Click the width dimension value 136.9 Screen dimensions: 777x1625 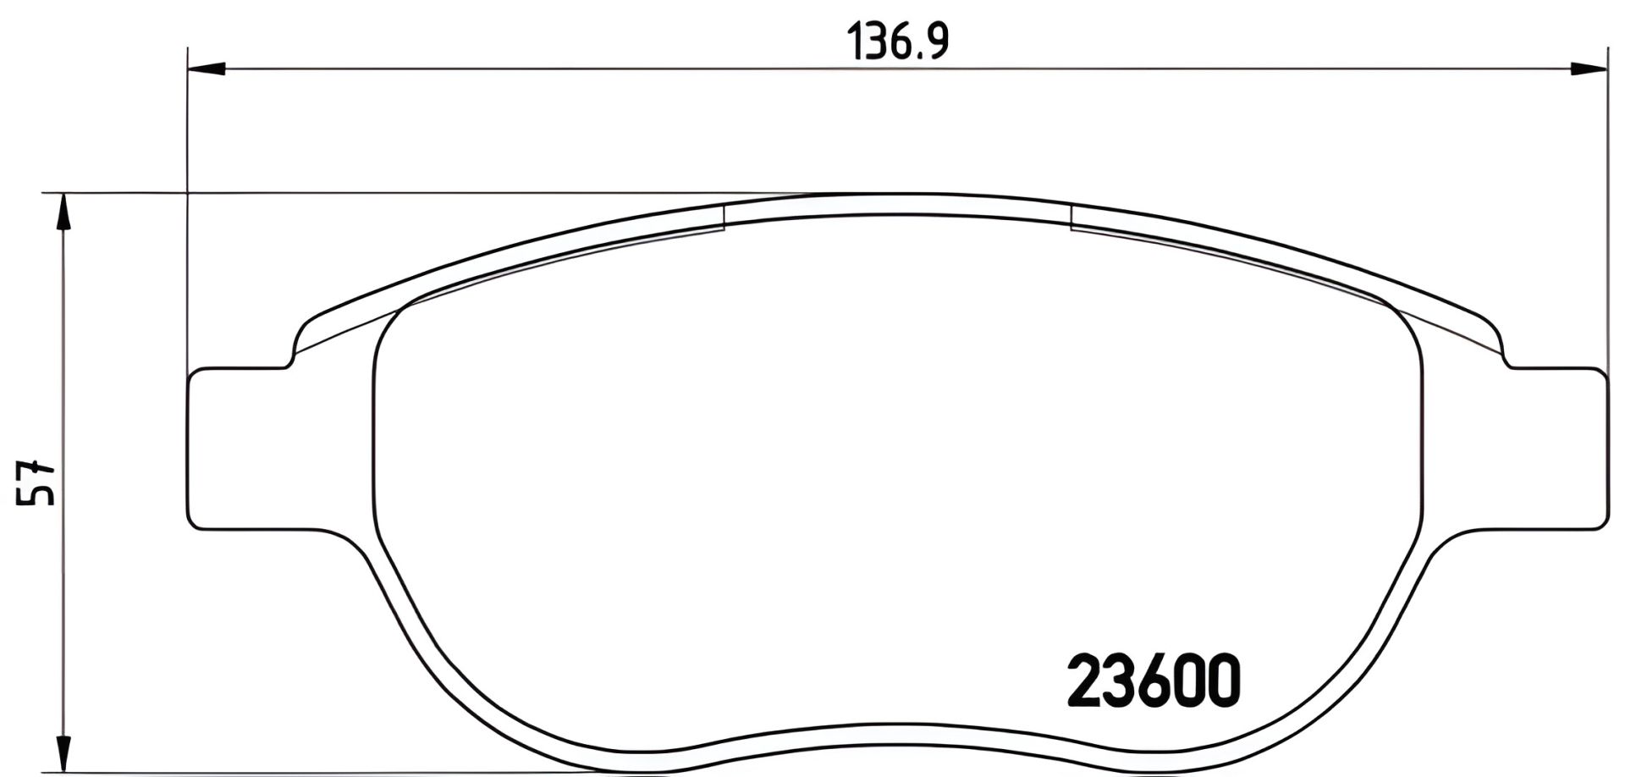point(898,41)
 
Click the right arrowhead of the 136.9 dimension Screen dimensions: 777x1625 point(1588,69)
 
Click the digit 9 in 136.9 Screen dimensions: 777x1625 point(935,41)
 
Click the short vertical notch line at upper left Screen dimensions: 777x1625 point(725,217)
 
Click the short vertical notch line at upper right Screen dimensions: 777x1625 point(1071,217)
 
